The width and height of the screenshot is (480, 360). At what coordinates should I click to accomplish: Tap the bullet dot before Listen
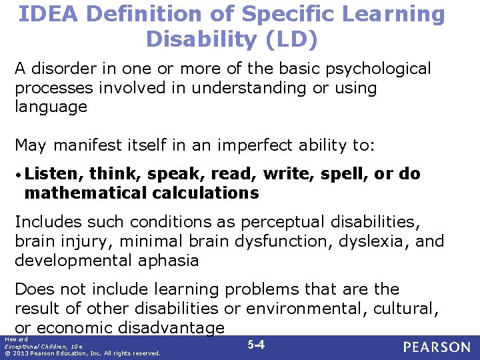pyautogui.click(x=19, y=175)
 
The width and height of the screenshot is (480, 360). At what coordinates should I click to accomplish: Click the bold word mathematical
pyautogui.click(x=84, y=193)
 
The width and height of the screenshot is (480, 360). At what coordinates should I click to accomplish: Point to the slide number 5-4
pyautogui.click(x=256, y=345)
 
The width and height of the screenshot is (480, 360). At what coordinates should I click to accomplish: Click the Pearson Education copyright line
pyautogui.click(x=82, y=353)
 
